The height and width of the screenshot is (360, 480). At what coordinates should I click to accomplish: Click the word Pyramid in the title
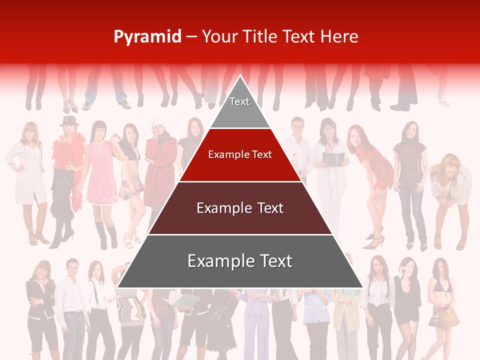click(x=147, y=37)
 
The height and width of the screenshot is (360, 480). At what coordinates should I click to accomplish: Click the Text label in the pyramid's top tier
click(x=239, y=101)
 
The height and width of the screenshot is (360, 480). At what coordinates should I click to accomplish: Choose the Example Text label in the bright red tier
click(x=240, y=154)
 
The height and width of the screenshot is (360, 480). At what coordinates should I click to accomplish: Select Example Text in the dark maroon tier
click(x=240, y=208)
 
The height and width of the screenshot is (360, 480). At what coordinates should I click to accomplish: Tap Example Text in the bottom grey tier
click(x=240, y=261)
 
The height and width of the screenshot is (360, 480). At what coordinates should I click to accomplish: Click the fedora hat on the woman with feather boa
click(x=69, y=120)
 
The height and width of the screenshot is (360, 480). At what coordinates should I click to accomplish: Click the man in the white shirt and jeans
click(x=71, y=305)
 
